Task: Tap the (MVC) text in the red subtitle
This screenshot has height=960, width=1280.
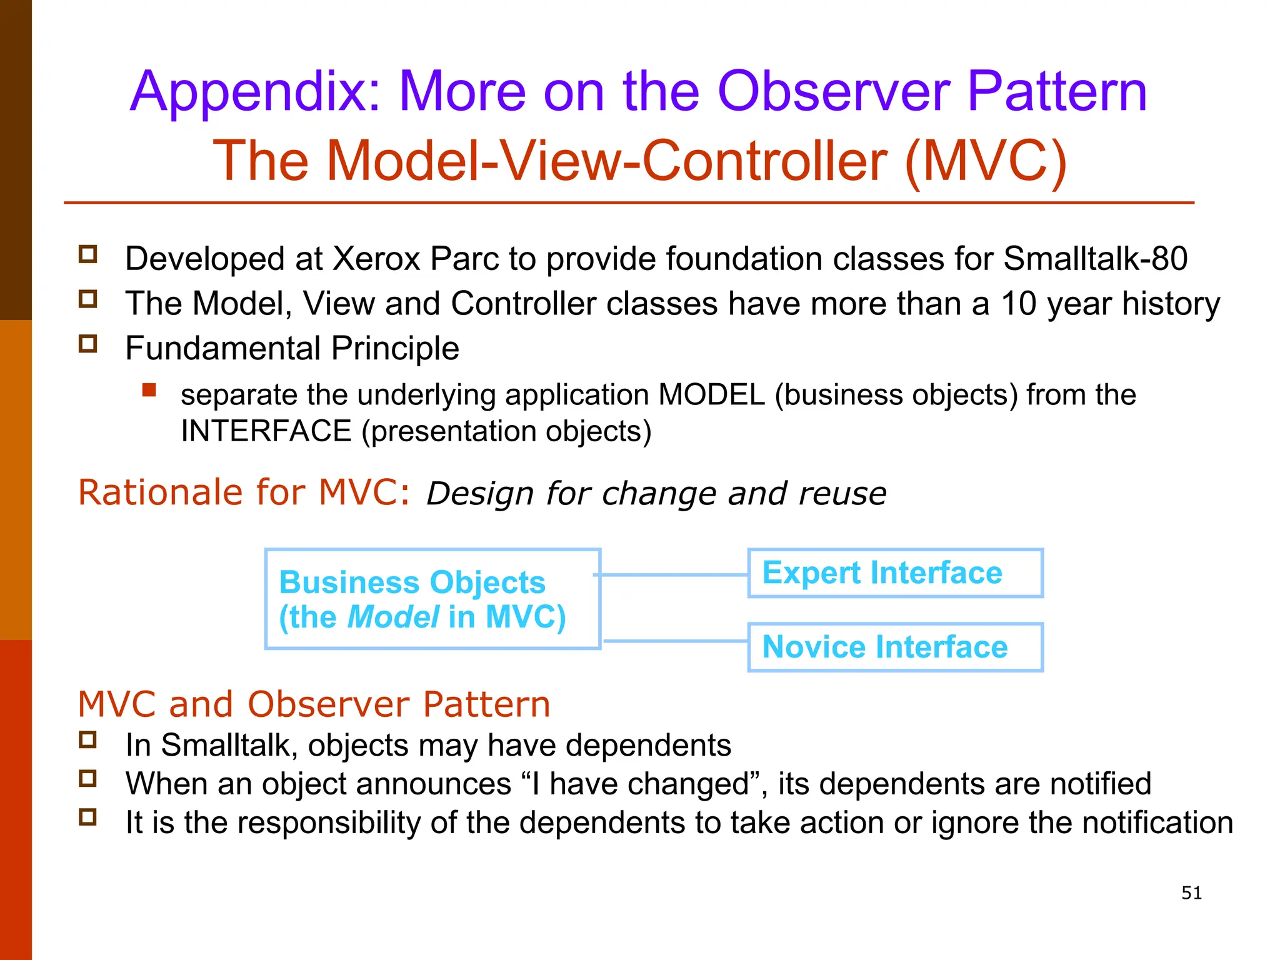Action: click(x=985, y=161)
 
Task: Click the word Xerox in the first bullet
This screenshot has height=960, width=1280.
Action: click(x=376, y=259)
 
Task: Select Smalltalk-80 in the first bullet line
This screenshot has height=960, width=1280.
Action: click(x=1095, y=259)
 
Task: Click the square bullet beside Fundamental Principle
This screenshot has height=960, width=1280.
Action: click(x=88, y=344)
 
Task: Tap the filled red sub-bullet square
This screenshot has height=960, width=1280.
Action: click(x=149, y=391)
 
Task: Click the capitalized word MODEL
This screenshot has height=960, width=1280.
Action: click(x=711, y=395)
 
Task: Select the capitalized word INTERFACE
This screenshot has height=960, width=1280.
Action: click(x=266, y=431)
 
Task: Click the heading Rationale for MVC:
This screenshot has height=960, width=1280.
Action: click(x=244, y=492)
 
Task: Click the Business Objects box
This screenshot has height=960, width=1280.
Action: click(x=432, y=599)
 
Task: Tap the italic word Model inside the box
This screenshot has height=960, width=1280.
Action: click(x=393, y=617)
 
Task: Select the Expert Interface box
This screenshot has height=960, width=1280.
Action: click(x=895, y=573)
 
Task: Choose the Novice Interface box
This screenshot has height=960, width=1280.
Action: click(x=895, y=647)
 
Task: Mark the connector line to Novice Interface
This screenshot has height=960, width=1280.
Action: click(x=675, y=641)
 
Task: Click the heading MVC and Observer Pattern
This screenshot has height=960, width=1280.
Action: click(x=314, y=704)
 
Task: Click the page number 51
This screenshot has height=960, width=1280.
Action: click(x=1191, y=893)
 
